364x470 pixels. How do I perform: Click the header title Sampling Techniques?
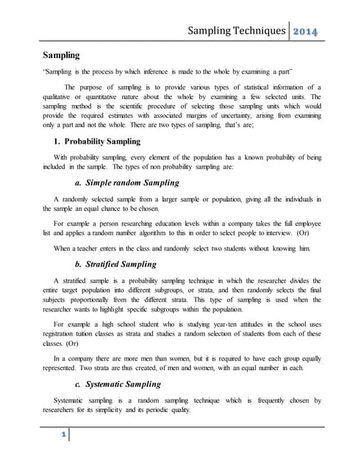(x=237, y=32)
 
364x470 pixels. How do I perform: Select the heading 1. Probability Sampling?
(x=90, y=142)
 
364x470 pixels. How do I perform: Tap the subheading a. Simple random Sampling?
(x=126, y=183)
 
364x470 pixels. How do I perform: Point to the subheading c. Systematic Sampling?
(x=122, y=384)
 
